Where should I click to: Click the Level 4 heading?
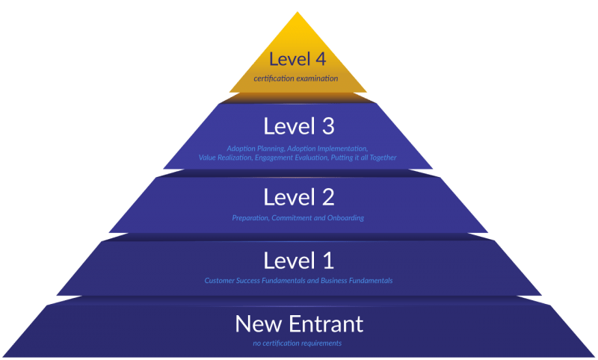[x=298, y=60]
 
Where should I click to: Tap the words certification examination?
[x=298, y=78]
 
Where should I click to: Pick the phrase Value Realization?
[x=225, y=158]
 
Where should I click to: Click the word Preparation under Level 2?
[x=250, y=218]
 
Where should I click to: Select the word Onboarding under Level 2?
[x=344, y=218]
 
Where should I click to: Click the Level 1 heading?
[x=298, y=260]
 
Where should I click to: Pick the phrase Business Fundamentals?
[x=355, y=281]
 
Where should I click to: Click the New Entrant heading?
[x=298, y=323]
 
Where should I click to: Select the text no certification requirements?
[x=298, y=344]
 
